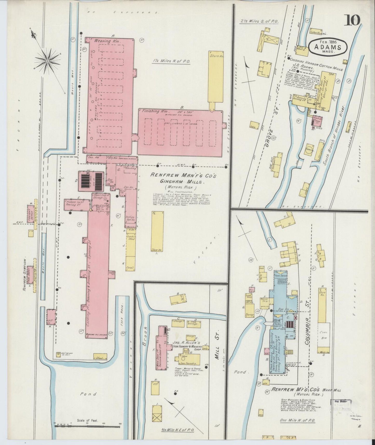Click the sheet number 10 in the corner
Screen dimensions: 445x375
352,20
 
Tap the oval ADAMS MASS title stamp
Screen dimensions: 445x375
328,47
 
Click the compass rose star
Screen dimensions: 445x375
48,61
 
